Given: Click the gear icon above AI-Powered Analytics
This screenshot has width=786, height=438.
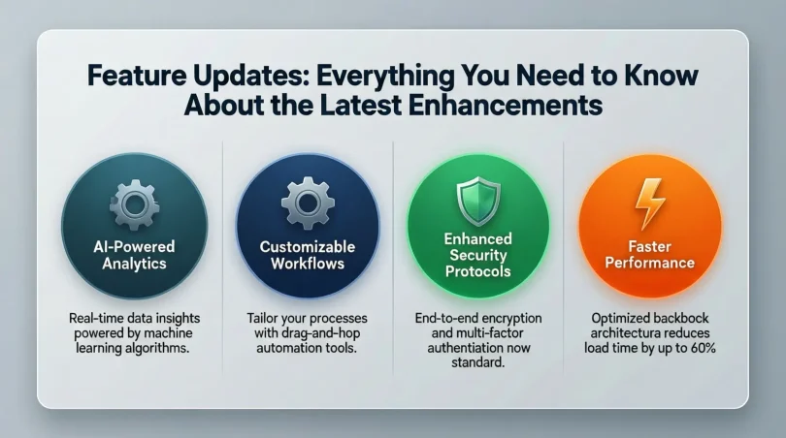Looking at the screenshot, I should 133,202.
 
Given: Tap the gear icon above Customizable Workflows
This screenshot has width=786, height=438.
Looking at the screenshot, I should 308,202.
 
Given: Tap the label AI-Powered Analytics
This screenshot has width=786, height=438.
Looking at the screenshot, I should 133,254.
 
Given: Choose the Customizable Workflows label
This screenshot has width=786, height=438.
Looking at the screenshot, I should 308,254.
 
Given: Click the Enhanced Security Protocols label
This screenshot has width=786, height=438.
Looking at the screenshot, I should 477,254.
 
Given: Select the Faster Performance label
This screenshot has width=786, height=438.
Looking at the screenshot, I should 648,254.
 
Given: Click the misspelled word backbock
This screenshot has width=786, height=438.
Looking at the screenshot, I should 686,318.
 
